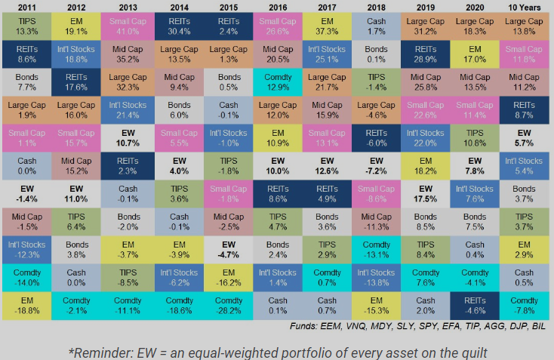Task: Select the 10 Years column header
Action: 528,8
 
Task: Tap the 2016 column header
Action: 278,8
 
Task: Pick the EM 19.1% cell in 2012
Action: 76,26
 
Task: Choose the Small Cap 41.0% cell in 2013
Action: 127,26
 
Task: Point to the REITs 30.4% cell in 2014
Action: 177,26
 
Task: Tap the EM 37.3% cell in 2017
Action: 328,26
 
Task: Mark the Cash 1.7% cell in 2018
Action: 377,26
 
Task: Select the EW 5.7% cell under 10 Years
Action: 528,138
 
